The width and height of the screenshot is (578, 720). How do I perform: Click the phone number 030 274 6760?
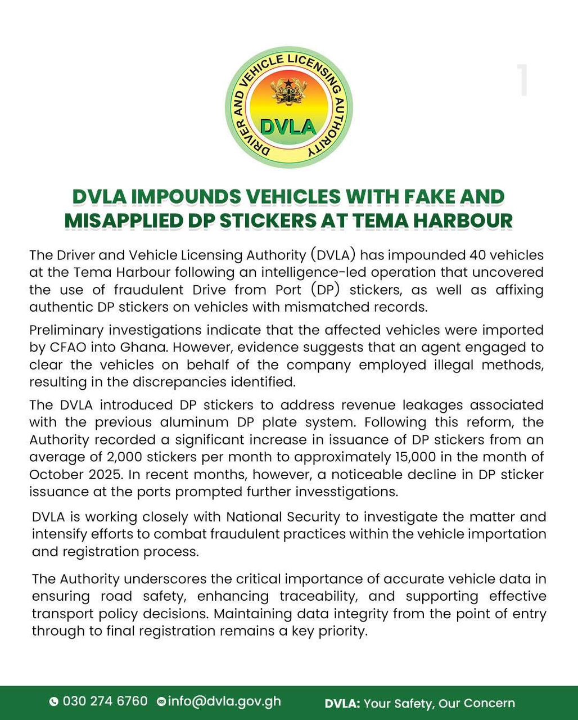[x=105, y=701]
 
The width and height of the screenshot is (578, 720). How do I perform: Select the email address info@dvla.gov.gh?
[x=224, y=701]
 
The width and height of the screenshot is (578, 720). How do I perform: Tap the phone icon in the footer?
[x=54, y=702]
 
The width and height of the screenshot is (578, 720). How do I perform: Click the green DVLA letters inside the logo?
[x=288, y=126]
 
